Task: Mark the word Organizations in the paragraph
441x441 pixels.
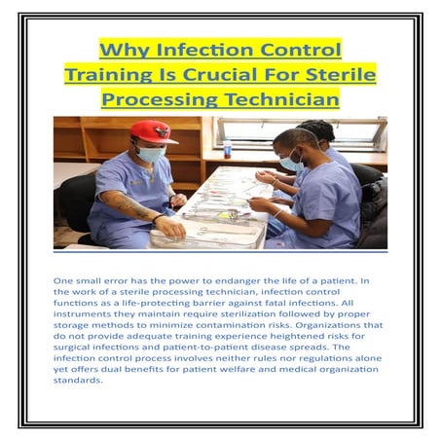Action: [x=339, y=325]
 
